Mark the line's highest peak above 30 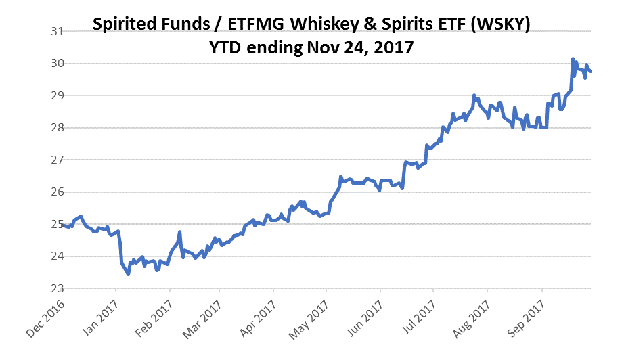573,59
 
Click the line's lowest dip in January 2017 128,274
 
